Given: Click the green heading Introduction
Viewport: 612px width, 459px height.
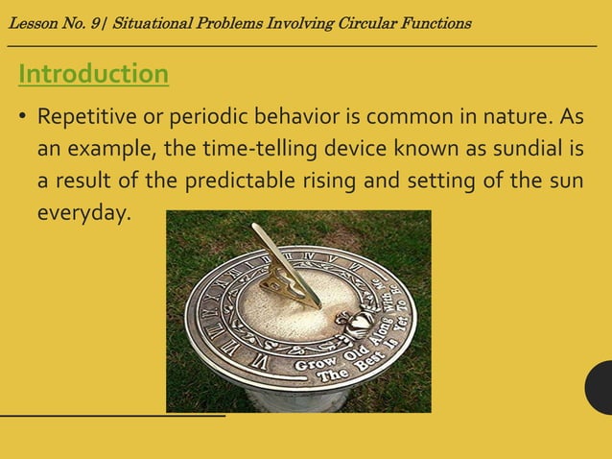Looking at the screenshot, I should tap(93, 74).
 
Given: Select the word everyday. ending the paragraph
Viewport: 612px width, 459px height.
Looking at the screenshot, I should tap(82, 212).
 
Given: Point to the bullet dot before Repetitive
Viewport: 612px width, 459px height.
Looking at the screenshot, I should tap(21, 119).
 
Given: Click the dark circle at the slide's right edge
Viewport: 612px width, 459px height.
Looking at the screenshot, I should tap(600, 387).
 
